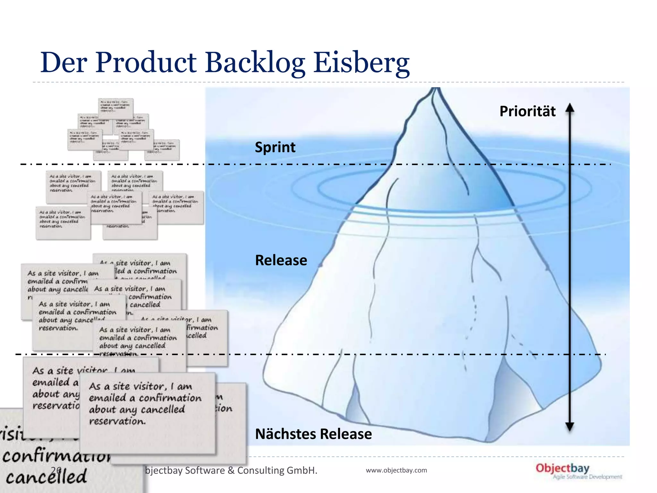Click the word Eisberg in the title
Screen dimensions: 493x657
pos(361,63)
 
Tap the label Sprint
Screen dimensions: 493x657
pos(275,147)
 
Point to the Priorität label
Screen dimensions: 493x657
pos(527,111)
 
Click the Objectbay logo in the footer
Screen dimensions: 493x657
pos(562,468)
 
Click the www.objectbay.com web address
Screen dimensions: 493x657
pos(396,470)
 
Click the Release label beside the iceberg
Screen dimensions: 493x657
pos(281,260)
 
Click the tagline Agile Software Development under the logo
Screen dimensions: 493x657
pos(587,477)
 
